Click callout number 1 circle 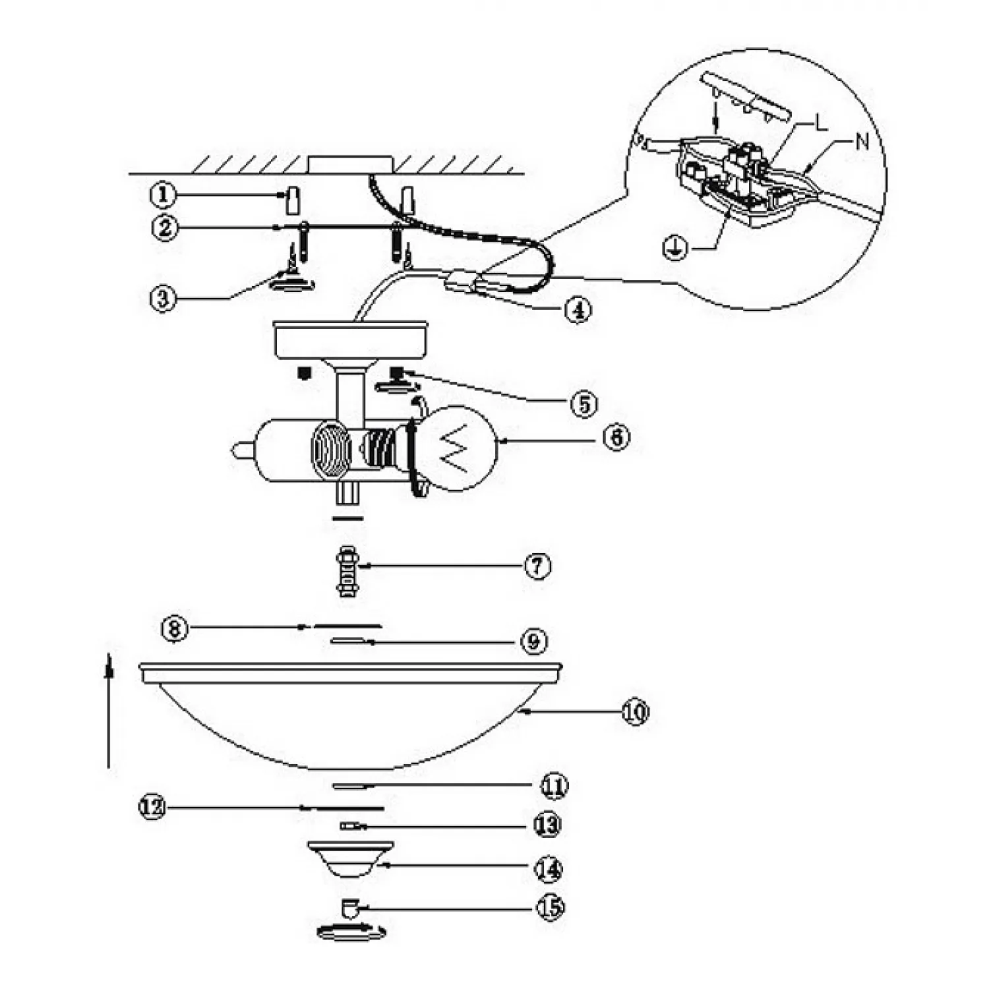click(x=162, y=195)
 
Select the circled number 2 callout click(x=165, y=228)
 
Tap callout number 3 click(x=162, y=298)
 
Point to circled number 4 click(x=578, y=309)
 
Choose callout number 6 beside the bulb click(x=616, y=437)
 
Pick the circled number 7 click(x=537, y=566)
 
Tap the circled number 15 click(x=551, y=908)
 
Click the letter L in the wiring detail click(x=820, y=123)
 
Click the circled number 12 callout click(x=152, y=807)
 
